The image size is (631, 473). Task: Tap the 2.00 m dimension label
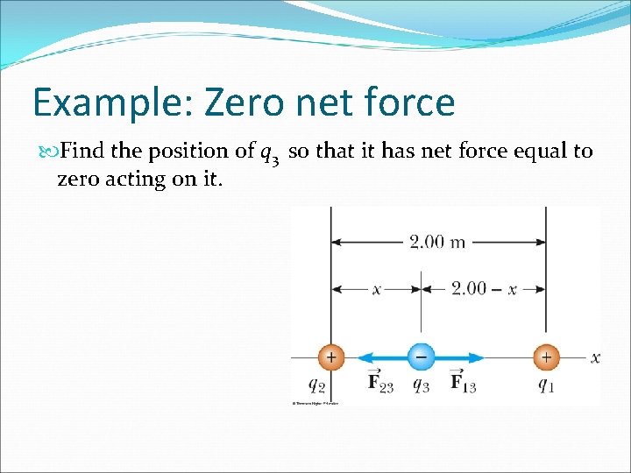pos(437,243)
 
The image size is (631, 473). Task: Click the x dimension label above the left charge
pos(376,288)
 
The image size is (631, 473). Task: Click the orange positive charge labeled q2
pos(330,357)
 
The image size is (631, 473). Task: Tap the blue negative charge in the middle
pos(421,357)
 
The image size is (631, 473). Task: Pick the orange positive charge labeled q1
pos(546,357)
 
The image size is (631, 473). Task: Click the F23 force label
pos(379,383)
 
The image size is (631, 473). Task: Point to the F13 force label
pos(463,383)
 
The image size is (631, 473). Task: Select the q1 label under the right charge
pos(545,384)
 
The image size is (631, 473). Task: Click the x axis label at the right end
pos(595,357)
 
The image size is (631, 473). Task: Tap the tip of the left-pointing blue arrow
pos(360,357)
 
